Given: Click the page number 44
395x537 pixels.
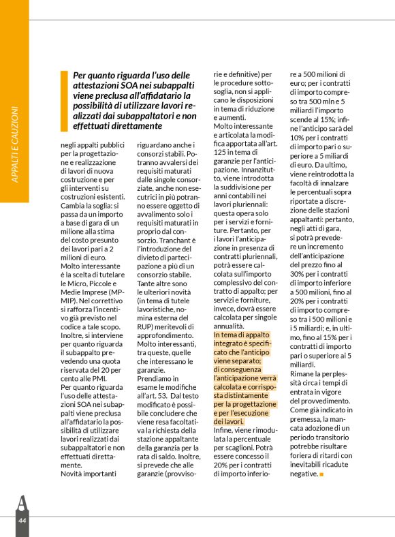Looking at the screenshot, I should point(22,521).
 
